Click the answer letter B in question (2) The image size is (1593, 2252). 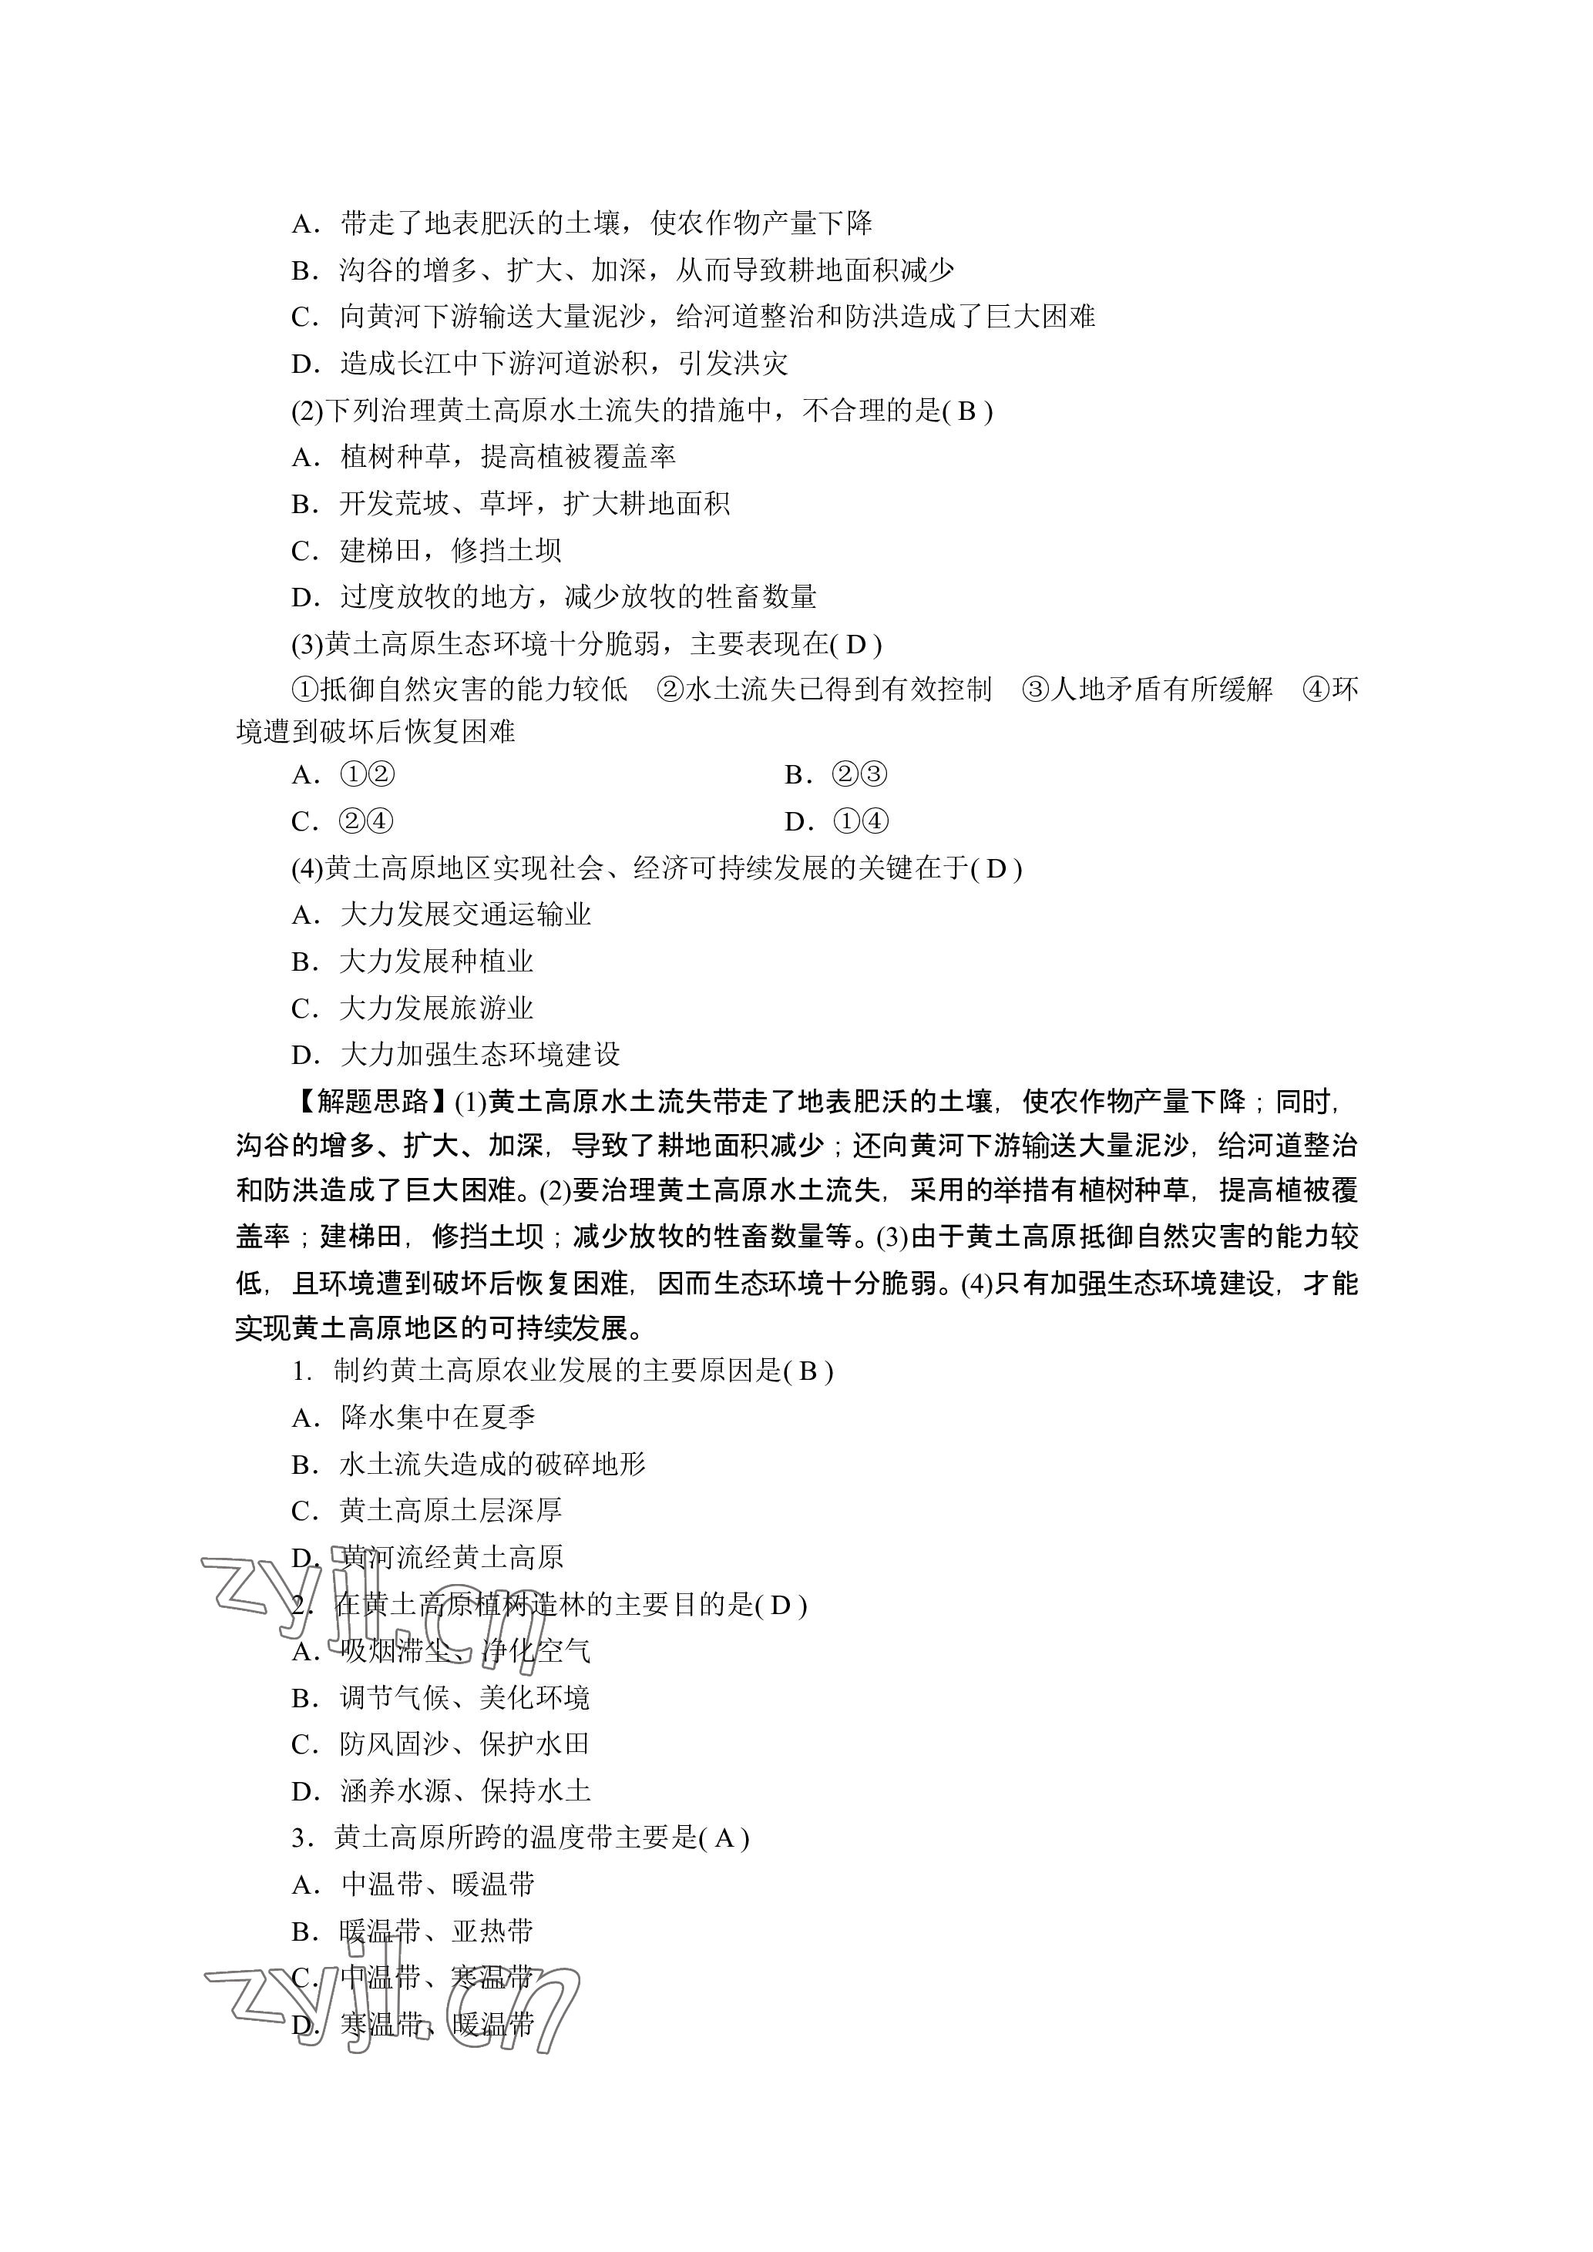coord(966,411)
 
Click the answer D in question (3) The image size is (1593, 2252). coord(855,644)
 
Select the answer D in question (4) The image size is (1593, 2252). coord(996,869)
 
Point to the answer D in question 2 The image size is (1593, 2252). coord(781,1606)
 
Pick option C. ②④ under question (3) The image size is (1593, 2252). coord(343,822)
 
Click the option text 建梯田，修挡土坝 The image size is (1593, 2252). coord(450,551)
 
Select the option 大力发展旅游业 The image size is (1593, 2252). coord(436,1009)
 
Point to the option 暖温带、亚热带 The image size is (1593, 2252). coord(436,1932)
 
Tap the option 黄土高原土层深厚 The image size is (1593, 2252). coord(450,1512)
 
